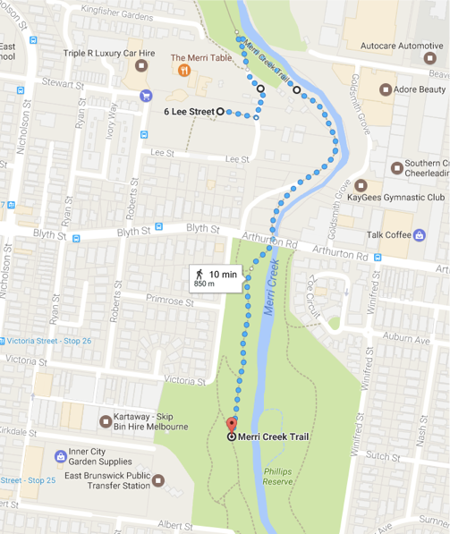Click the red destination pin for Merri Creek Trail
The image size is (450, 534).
[x=232, y=425]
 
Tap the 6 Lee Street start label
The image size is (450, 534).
[x=189, y=112]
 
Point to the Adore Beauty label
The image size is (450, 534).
[x=420, y=89]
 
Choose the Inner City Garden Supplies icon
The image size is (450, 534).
[x=60, y=456]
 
